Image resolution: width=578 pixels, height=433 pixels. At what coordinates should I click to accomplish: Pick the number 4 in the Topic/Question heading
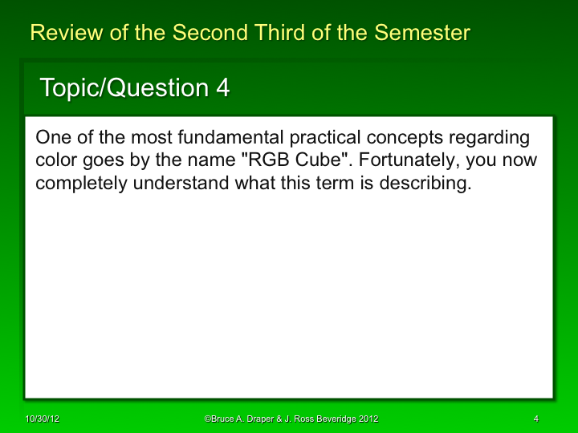[x=222, y=87]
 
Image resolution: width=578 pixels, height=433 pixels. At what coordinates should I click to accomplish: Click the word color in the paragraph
[x=55, y=160]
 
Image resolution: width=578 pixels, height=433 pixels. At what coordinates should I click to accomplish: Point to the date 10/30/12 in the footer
[x=39, y=419]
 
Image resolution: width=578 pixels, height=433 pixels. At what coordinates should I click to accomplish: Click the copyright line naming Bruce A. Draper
[x=291, y=419]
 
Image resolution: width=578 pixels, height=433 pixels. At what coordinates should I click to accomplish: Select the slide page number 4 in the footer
[x=535, y=419]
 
